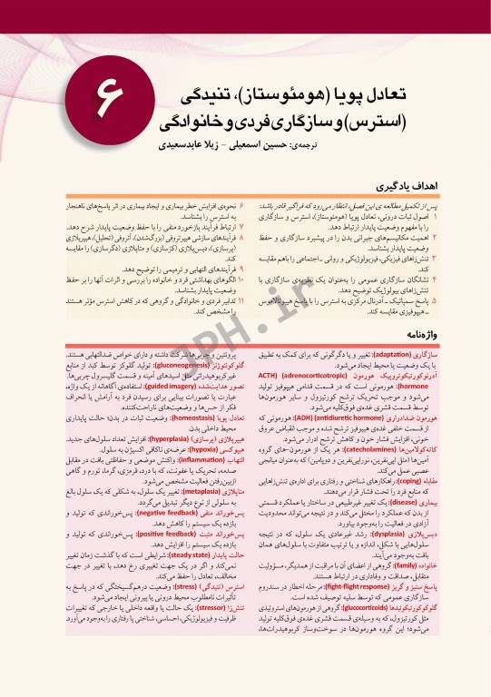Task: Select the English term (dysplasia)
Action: click(x=382, y=537)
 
